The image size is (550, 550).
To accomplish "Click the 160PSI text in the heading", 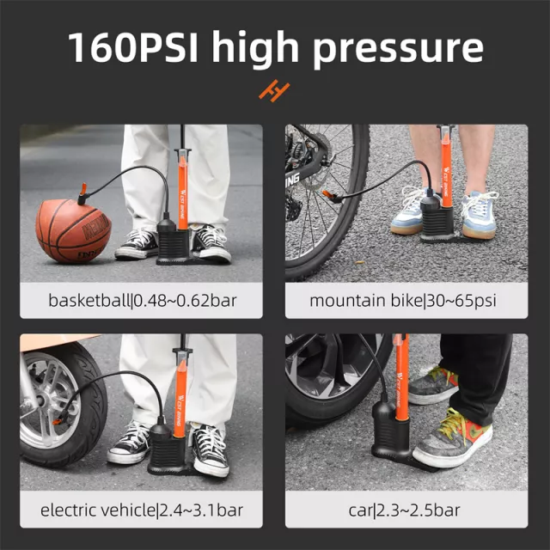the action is pyautogui.click(x=133, y=46).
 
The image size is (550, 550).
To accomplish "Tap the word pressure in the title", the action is pyautogui.click(x=398, y=49).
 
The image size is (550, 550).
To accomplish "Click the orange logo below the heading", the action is pyautogui.click(x=274, y=91).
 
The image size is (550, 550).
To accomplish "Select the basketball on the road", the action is pyautogui.click(x=73, y=231).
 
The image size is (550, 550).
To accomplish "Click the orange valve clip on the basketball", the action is pyautogui.click(x=82, y=189).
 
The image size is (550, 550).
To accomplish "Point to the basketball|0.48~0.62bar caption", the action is pyautogui.click(x=142, y=301).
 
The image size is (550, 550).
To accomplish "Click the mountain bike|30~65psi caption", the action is pyautogui.click(x=403, y=301).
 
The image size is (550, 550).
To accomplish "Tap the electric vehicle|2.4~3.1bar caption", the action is pyautogui.click(x=141, y=510).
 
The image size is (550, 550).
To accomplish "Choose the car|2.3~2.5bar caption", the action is pyautogui.click(x=404, y=510).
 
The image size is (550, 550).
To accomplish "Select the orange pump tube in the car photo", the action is pyautogui.click(x=401, y=377).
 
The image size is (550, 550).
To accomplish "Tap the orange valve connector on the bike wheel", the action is pyautogui.click(x=327, y=194).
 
